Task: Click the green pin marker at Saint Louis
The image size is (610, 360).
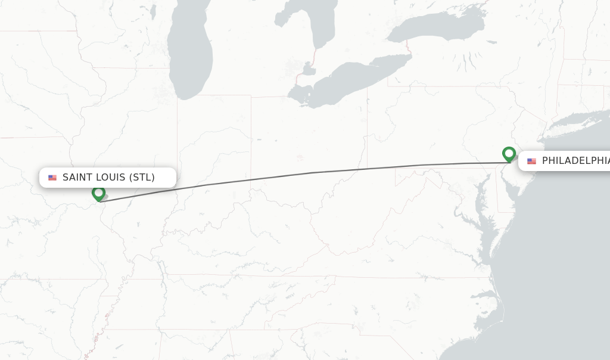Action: pos(98,193)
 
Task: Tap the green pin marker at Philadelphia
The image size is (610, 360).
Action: pos(509,154)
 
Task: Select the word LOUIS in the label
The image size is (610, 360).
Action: pos(111,178)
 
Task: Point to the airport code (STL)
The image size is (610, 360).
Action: pos(143,178)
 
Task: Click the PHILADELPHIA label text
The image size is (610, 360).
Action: pos(575,161)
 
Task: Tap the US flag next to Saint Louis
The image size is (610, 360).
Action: pos(52,178)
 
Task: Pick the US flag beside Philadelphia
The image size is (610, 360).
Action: pos(531,161)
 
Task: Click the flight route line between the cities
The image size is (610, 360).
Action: pos(310,173)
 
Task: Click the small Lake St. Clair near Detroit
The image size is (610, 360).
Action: pos(308,70)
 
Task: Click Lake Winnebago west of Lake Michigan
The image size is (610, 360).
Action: pos(152,11)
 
